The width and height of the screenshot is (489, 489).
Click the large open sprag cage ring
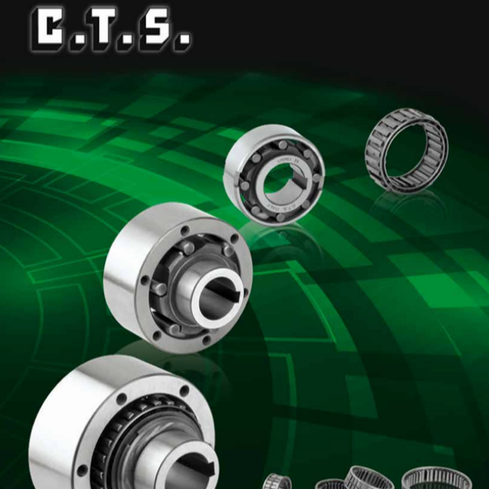click(407, 149)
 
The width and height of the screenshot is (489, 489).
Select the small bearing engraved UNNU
click(274, 174)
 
